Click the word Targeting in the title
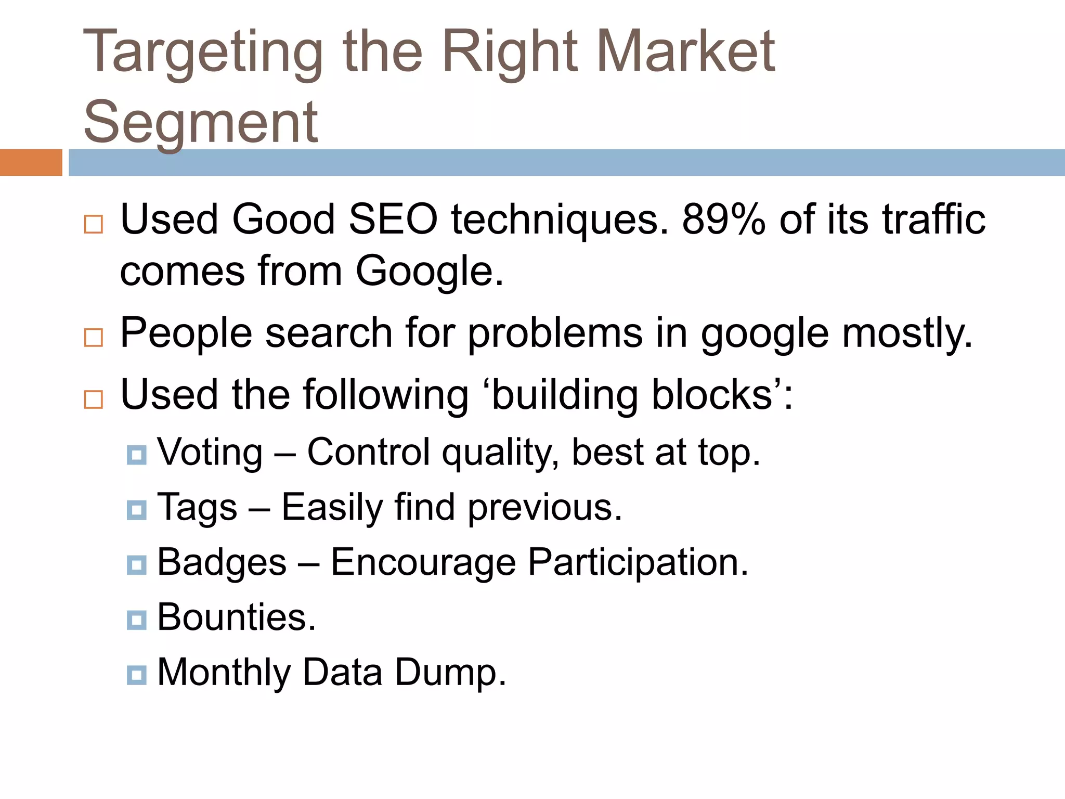203,52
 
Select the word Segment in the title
201,123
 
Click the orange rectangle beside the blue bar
31,162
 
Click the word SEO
393,220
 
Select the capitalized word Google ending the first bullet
430,272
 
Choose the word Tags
198,508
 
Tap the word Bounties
237,617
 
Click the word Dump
450,673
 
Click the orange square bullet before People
94,338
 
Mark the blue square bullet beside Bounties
136,620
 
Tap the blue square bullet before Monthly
136,675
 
